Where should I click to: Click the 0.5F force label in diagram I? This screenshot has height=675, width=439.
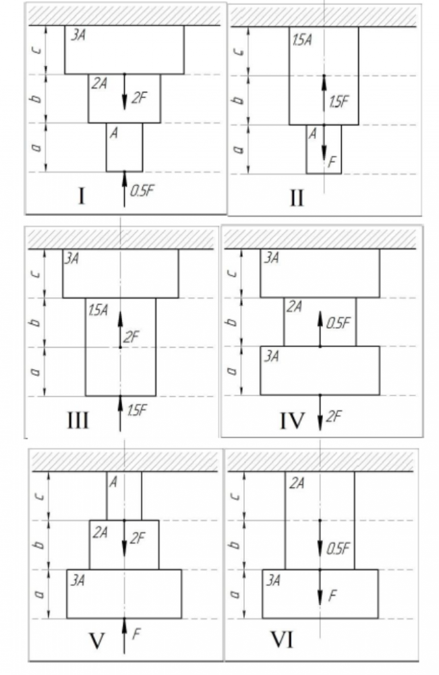pos(142,190)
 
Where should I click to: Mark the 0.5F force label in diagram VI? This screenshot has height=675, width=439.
pos(337,548)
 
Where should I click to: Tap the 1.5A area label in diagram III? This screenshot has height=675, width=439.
pos(98,309)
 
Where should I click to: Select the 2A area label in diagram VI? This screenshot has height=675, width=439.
pos(295,483)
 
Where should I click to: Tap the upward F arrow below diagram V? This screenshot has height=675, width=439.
pos(125,636)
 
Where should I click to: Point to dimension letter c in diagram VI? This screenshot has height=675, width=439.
pos(235,496)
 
